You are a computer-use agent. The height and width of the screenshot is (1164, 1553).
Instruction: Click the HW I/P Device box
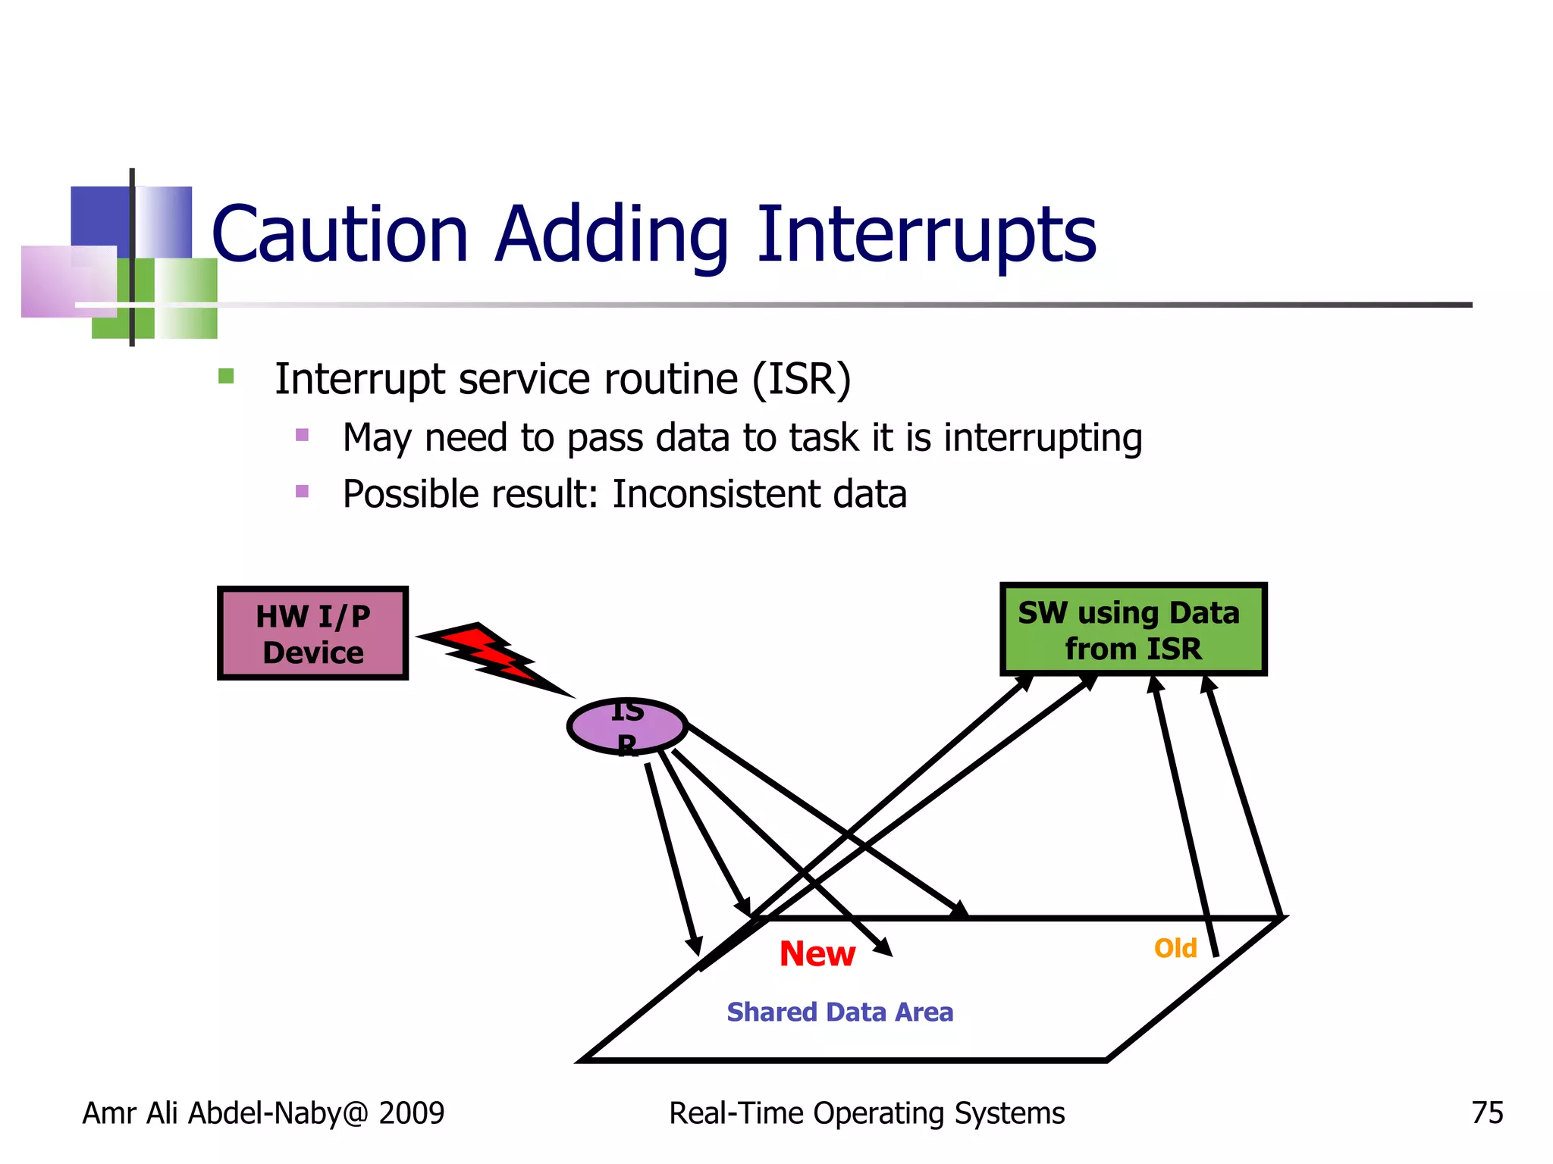tap(312, 634)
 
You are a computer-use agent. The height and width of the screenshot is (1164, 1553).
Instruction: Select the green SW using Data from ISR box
tap(1133, 630)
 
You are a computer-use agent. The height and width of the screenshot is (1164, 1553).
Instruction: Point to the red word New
tap(817, 953)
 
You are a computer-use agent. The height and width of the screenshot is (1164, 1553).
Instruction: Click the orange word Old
tap(1175, 948)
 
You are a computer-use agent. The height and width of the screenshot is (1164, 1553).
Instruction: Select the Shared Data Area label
tap(839, 1012)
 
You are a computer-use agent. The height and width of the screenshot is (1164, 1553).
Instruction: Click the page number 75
tap(1487, 1112)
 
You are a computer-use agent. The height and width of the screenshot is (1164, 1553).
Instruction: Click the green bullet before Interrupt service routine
tap(226, 376)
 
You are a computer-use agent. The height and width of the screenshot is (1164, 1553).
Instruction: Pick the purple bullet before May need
tap(302, 435)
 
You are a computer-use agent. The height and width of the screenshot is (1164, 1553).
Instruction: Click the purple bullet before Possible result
tap(302, 491)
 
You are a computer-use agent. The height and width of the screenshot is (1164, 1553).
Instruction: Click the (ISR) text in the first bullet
tap(802, 379)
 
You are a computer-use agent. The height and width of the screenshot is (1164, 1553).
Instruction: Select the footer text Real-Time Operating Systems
tap(866, 1112)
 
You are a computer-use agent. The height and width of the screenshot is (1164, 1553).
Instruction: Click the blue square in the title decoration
tap(101, 215)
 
